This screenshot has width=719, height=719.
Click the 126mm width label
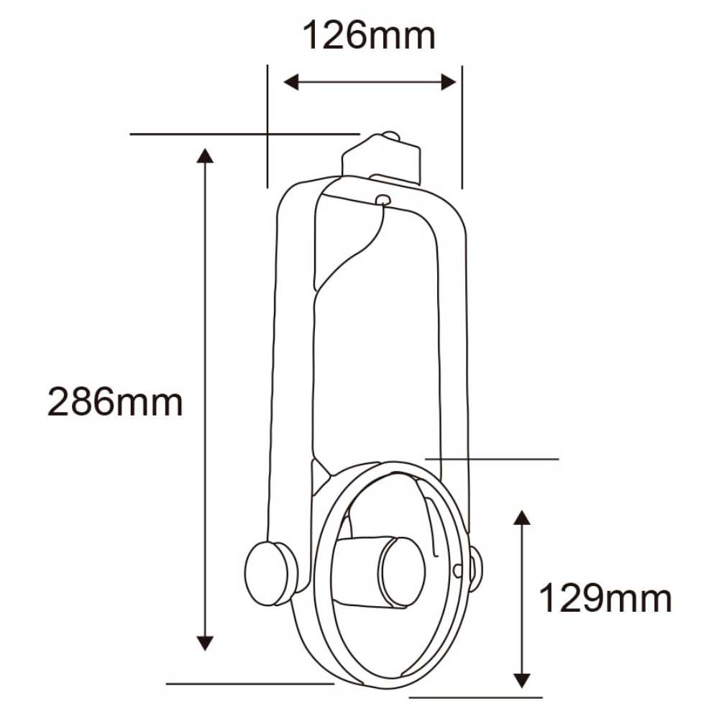369,36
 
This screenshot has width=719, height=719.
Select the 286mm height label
115,402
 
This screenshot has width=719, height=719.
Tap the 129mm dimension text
605,598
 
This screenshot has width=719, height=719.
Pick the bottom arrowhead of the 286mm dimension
206,642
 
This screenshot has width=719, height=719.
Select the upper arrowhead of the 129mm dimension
522,517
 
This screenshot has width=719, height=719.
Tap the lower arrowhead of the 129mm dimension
522,679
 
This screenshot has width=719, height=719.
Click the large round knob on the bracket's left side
270,573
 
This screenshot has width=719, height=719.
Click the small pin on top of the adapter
390,135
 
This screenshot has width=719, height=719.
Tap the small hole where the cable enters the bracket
383,200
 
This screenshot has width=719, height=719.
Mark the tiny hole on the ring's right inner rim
457,569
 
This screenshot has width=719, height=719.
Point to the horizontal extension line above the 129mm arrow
493,458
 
